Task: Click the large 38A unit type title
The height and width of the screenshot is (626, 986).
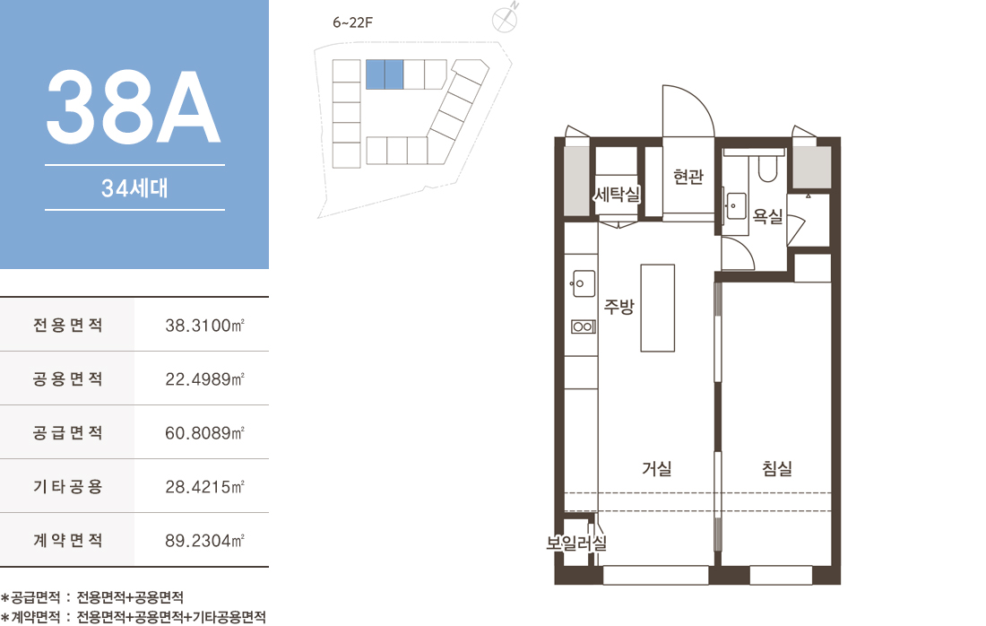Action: pyautogui.click(x=134, y=107)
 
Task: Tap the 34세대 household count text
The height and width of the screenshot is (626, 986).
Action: pyautogui.click(x=134, y=188)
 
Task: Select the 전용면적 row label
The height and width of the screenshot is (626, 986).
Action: pyautogui.click(x=68, y=325)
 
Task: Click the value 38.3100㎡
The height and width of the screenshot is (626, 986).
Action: pyautogui.click(x=204, y=326)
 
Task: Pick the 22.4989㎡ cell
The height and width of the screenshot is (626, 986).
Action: pyautogui.click(x=204, y=378)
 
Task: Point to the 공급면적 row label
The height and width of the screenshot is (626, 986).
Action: pyautogui.click(x=68, y=432)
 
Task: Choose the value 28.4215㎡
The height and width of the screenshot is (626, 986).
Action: pyautogui.click(x=204, y=486)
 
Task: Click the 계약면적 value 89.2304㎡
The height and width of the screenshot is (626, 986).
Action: pyautogui.click(x=204, y=541)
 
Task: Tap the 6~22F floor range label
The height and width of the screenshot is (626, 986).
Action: pyautogui.click(x=353, y=22)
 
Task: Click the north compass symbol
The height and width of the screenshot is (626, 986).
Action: pyautogui.click(x=505, y=18)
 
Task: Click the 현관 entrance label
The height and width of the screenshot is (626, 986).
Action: pyautogui.click(x=688, y=177)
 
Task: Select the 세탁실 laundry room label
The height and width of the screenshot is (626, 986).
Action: pyautogui.click(x=617, y=195)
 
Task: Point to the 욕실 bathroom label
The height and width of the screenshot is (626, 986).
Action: pyautogui.click(x=768, y=216)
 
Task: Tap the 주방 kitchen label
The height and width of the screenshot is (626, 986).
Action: pyautogui.click(x=619, y=307)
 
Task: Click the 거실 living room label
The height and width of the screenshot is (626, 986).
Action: pyautogui.click(x=657, y=468)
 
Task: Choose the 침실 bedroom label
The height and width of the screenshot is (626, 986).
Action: pyautogui.click(x=777, y=468)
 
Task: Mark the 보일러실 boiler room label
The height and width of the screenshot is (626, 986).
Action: pyautogui.click(x=576, y=543)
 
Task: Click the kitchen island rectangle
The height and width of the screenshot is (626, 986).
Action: pyautogui.click(x=658, y=308)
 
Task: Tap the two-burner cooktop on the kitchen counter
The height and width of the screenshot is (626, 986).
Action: pyautogui.click(x=583, y=326)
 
